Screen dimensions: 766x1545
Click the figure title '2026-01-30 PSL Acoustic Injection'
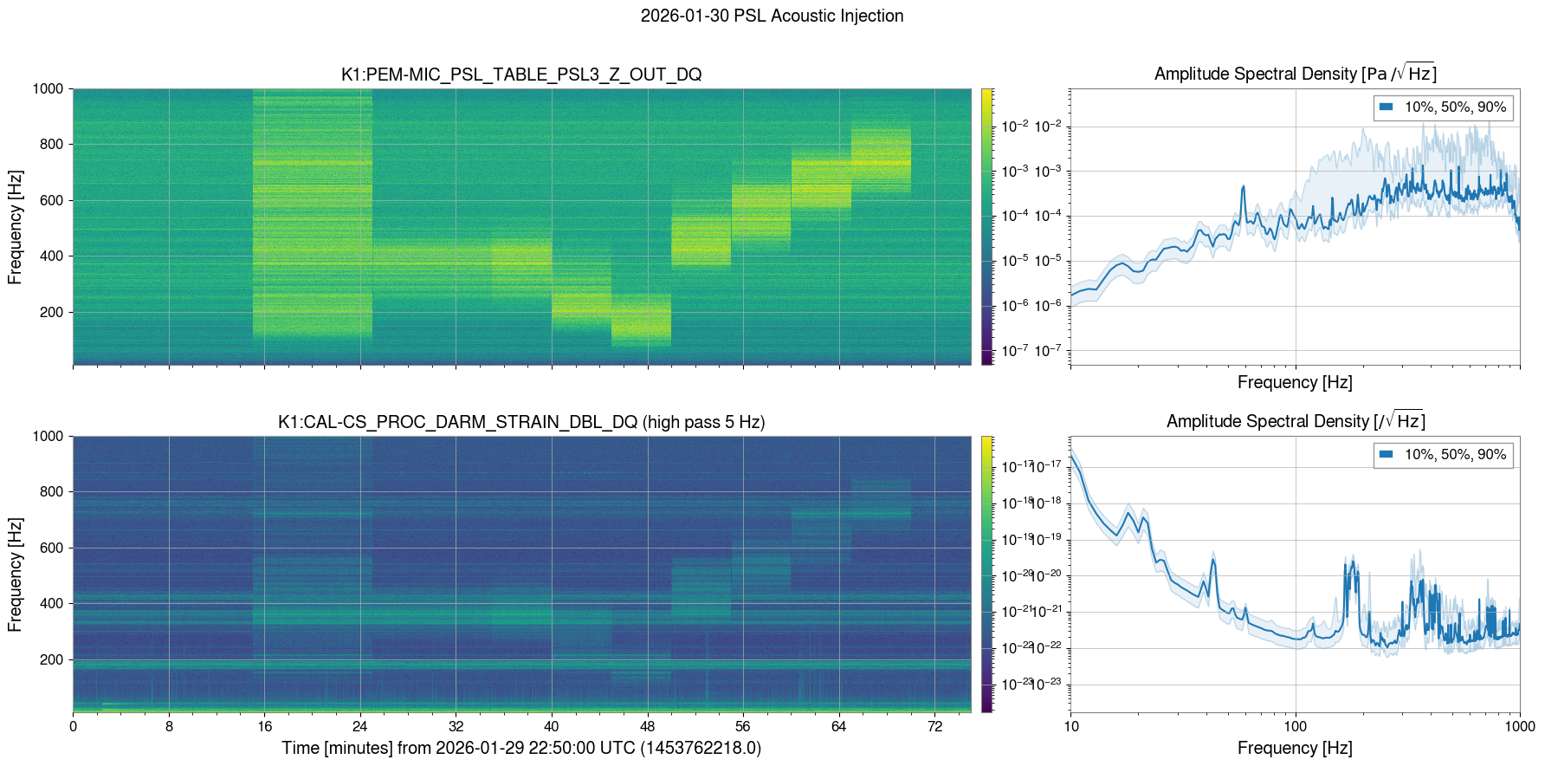pyautogui.click(x=772, y=16)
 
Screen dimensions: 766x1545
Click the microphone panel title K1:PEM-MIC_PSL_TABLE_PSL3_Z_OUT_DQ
pyautogui.click(x=521, y=75)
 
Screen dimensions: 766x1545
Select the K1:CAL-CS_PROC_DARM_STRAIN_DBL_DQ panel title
pyautogui.click(x=521, y=422)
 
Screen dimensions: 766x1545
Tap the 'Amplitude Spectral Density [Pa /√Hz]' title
pyautogui.click(x=1295, y=74)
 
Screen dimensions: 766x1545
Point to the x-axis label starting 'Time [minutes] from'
pyautogui.click(x=521, y=748)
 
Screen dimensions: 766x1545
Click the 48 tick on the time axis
pyautogui.click(x=647, y=726)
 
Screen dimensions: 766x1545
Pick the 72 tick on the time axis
pyautogui.click(x=934, y=726)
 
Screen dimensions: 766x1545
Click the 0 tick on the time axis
pyautogui.click(x=73, y=726)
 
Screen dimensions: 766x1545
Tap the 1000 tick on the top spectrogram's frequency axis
pyautogui.click(x=48, y=88)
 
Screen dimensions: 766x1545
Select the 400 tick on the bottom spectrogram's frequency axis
pyautogui.click(x=52, y=603)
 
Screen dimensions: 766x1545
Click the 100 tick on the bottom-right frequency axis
pyautogui.click(x=1295, y=726)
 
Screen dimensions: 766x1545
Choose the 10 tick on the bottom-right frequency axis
pyautogui.click(x=1071, y=726)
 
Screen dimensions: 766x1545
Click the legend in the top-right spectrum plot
pyautogui.click(x=1443, y=107)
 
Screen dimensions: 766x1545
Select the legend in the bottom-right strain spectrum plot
pyautogui.click(x=1443, y=454)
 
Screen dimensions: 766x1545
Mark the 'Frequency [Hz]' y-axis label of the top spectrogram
pyautogui.click(x=15, y=227)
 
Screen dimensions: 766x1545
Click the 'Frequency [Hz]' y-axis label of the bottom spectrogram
pyautogui.click(x=15, y=574)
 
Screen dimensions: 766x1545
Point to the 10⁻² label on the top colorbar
pyautogui.click(x=1015, y=127)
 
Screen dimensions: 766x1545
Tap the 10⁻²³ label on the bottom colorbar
pyautogui.click(x=1015, y=684)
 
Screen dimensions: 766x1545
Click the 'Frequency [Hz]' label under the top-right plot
pyautogui.click(x=1295, y=382)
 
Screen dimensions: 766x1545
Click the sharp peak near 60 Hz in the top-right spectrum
pyautogui.click(x=1243, y=187)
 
